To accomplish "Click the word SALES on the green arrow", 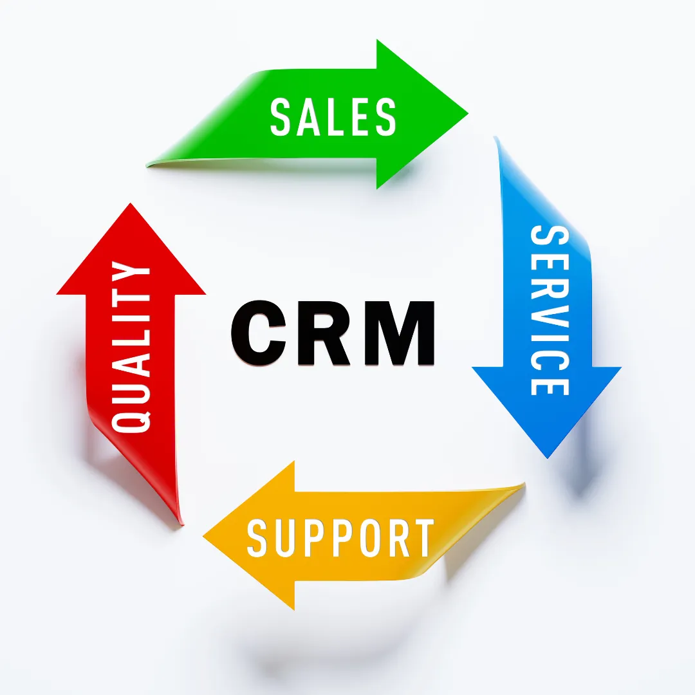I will click(x=333, y=116).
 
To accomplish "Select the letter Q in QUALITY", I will click(x=131, y=415).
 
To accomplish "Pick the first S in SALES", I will click(x=281, y=116).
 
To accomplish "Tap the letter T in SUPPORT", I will click(x=422, y=538).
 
